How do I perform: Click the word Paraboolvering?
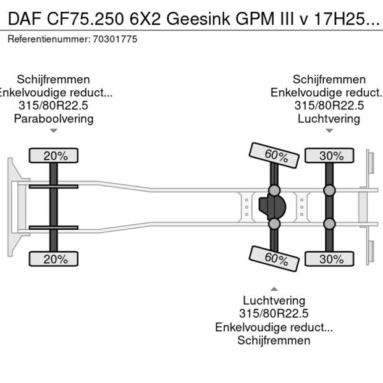point(54,119)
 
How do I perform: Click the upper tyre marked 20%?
point(55,156)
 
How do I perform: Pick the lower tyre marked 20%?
point(55,258)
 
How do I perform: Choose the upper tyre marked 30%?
point(331,156)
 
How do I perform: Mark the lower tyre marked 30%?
point(331,258)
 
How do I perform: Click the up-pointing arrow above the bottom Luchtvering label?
point(274,288)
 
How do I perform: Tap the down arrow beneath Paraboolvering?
point(54,130)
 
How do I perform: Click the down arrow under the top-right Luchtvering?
point(329,130)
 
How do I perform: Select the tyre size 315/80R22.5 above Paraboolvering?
point(54,106)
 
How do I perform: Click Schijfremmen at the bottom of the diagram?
point(274,340)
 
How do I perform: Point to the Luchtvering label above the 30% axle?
point(329,119)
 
